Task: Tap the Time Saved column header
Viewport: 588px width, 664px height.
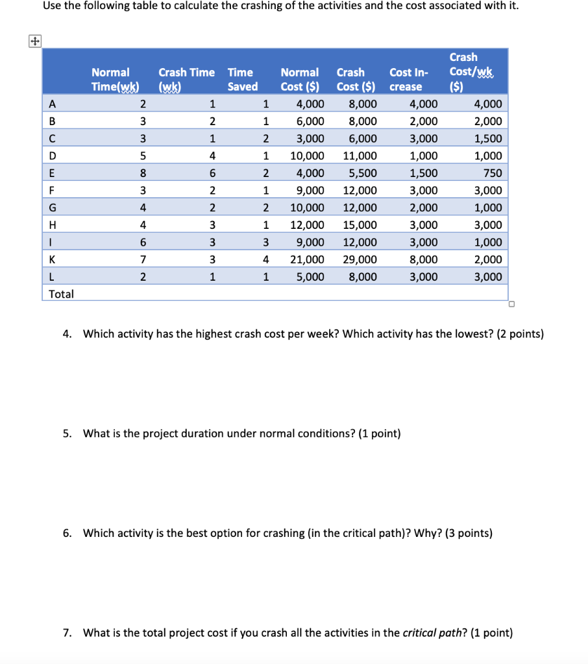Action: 242,79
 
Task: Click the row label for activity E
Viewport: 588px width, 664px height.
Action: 53,173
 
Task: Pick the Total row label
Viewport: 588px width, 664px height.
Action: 62,294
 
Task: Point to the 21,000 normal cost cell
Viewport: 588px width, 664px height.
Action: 308,259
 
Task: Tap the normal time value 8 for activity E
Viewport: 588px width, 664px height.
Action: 143,173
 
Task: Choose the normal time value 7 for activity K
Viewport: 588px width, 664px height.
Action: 143,259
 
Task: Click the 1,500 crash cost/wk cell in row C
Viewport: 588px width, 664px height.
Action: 488,138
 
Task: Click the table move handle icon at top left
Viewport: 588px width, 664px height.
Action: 32,41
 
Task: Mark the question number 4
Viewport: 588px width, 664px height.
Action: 67,334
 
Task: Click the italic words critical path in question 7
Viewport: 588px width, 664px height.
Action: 428,633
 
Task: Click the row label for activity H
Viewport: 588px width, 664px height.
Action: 53,225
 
